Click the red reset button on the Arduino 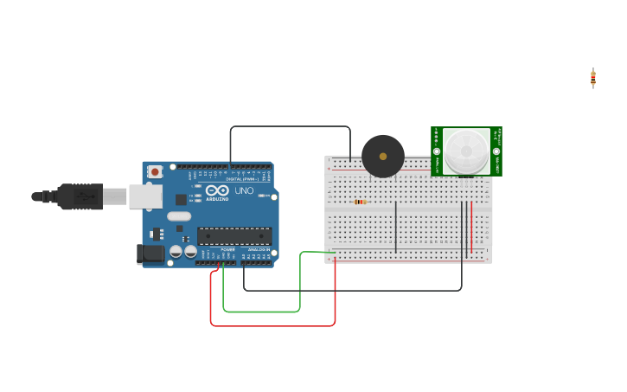155,171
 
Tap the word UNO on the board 244,190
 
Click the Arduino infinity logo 217,190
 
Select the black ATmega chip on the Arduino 234,235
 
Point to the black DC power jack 150,254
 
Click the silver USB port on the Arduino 145,196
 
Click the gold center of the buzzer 383,157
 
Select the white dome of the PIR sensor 467,151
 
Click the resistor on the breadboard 360,202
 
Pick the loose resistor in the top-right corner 593,78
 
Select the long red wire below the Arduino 272,326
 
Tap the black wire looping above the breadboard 290,126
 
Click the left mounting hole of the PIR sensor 437,151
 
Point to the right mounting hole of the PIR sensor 496,151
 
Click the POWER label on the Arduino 227,249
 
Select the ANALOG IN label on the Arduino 259,249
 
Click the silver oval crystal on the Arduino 179,216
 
